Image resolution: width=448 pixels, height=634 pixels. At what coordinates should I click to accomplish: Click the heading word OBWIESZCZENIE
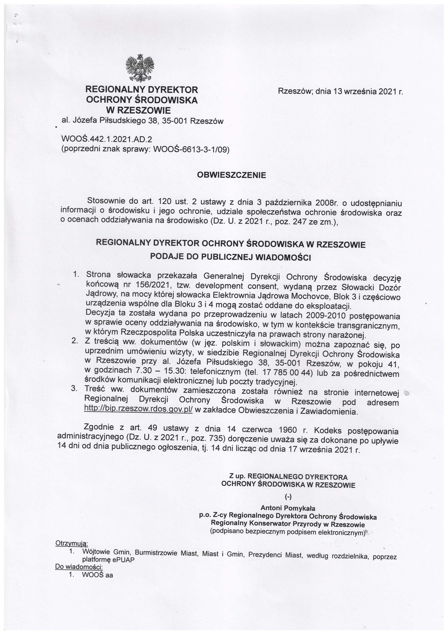[x=232, y=175]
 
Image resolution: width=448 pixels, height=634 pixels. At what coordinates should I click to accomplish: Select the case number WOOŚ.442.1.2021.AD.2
[x=107, y=139]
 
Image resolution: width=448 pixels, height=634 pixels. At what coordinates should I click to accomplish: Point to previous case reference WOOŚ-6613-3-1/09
[x=190, y=150]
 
